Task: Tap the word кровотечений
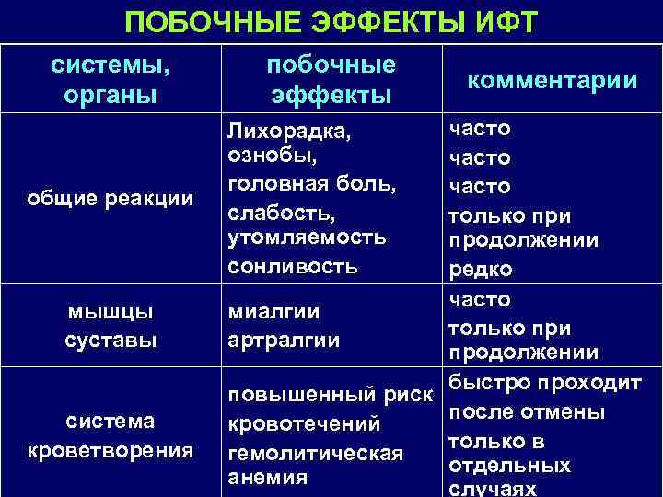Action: coord(303,425)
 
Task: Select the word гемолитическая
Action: coord(315,453)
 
